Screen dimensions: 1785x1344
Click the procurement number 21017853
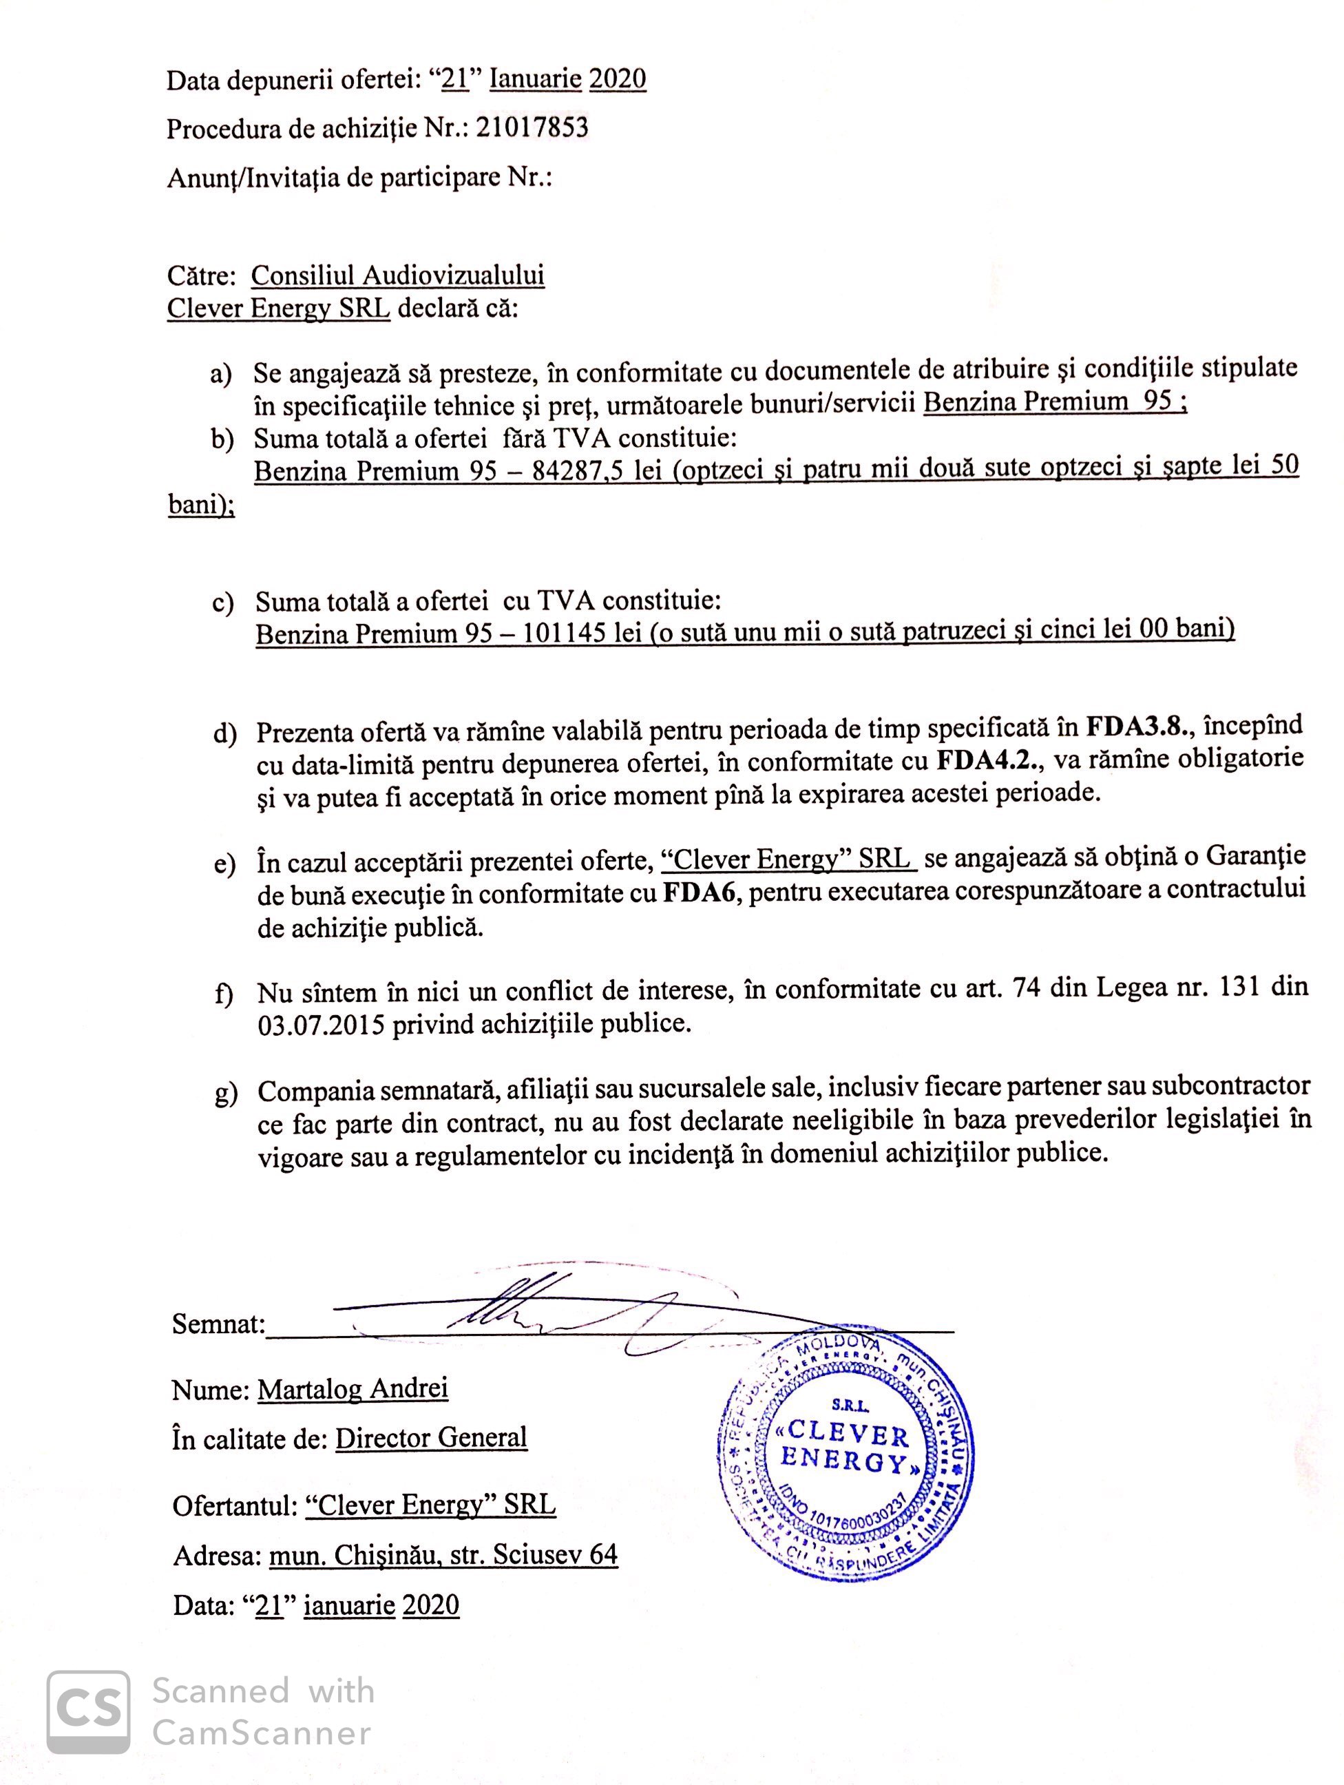tap(532, 127)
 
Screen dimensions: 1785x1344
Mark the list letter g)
tap(226, 1094)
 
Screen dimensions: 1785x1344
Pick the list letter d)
tap(225, 733)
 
